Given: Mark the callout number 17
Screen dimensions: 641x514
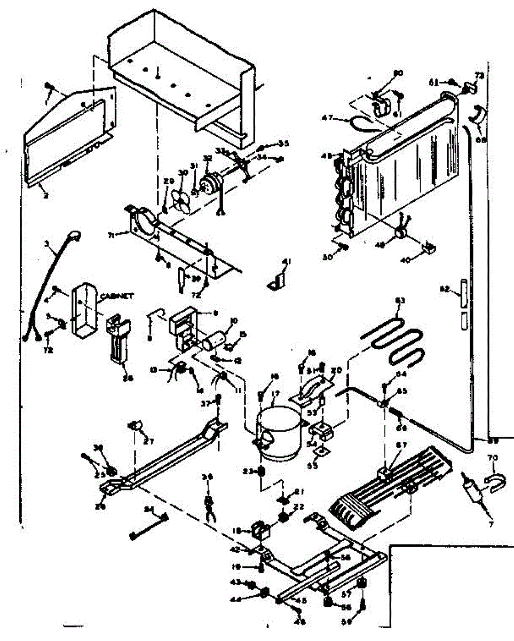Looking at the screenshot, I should coord(275,396).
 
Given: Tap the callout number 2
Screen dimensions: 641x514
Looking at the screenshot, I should coord(46,196).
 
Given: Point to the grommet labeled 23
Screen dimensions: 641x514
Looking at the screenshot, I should coord(262,472).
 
